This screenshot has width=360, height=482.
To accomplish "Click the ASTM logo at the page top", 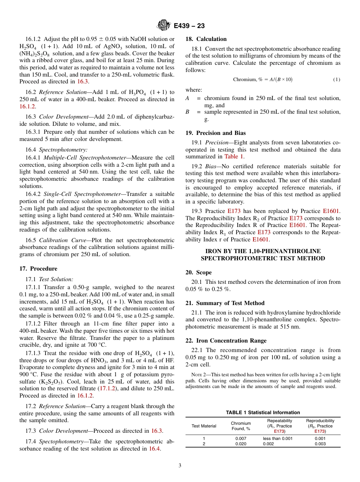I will tap(164, 26).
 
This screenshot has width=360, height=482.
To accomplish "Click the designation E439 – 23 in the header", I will tap(189, 26).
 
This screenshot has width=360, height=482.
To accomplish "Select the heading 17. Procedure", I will tap(38, 269).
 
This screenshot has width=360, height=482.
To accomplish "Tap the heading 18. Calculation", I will tap(206, 39).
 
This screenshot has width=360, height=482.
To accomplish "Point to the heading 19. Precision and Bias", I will tap(215, 133).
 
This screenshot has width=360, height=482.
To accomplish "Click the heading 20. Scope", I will tap(199, 272).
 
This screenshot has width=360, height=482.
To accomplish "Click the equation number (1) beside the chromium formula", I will tap(337, 80).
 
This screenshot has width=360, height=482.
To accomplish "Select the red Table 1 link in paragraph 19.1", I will tap(235, 156).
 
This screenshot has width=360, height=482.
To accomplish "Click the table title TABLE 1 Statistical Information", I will tap(263, 413).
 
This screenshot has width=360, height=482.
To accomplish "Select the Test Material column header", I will tap(204, 426).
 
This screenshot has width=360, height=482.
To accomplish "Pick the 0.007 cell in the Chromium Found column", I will tap(241, 438).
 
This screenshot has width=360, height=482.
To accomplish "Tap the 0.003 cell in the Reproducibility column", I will tap(320, 444).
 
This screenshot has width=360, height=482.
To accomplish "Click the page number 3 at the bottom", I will tap(180, 466).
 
